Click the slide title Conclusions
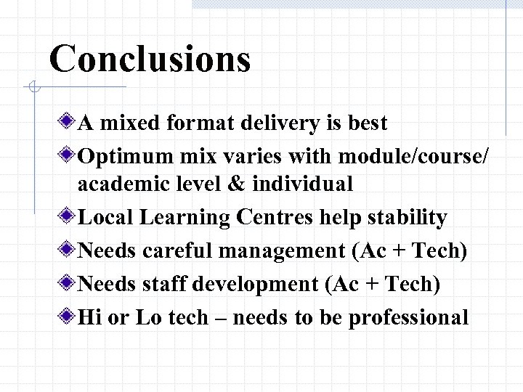point(150,58)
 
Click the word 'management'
point(291,250)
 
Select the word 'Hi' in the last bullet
point(89,317)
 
